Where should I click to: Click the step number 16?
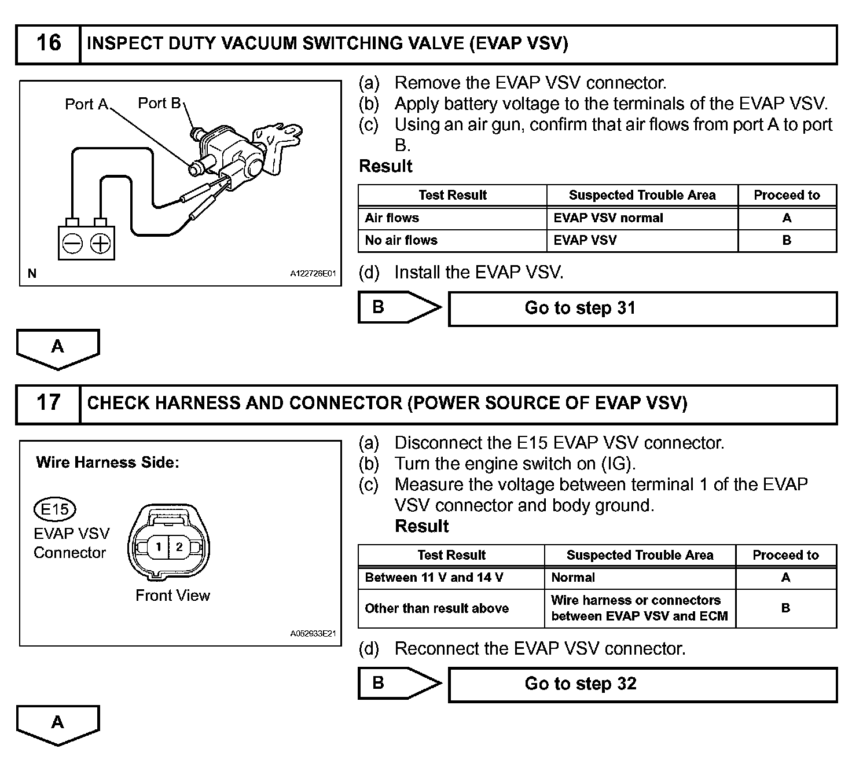[x=48, y=43]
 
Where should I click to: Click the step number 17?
[x=48, y=403]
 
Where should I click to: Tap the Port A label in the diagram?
[x=86, y=104]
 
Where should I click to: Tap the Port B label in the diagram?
[x=159, y=103]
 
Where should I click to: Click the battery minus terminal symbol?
[x=73, y=244]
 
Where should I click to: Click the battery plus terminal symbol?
[x=101, y=244]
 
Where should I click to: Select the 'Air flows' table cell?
[x=451, y=218]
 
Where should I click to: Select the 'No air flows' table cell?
[x=451, y=241]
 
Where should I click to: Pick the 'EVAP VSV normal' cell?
[x=641, y=218]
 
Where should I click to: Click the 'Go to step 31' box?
[x=642, y=309]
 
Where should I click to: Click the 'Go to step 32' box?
[x=642, y=684]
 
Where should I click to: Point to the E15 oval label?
[x=55, y=510]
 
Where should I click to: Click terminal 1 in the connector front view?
[x=158, y=546]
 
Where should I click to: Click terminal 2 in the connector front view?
[x=179, y=546]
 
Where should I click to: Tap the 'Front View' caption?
[x=172, y=596]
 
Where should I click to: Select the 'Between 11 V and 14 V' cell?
[x=450, y=578]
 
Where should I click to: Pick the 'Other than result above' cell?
[x=450, y=608]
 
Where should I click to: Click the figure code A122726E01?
[x=313, y=274]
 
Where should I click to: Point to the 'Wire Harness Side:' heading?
[x=108, y=462]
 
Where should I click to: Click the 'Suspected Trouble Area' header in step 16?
[x=642, y=196]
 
